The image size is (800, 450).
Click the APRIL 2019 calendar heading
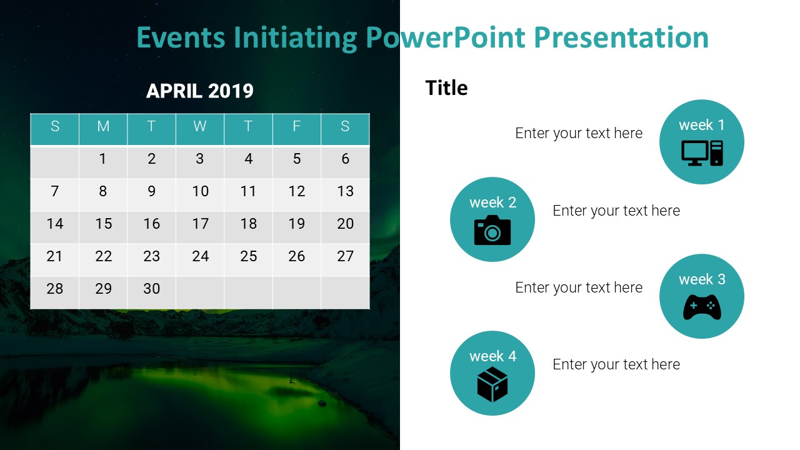200,91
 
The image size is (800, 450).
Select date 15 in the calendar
103,224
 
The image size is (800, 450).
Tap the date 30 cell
151,289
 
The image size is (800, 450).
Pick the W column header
200,126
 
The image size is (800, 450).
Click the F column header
297,126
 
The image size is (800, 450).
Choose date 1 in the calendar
103,159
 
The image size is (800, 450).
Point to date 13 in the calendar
345,191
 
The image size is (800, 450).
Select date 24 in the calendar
200,256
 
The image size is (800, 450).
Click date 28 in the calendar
55,289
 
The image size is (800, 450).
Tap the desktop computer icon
702,153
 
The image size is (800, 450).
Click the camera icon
492,230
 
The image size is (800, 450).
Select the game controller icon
702,307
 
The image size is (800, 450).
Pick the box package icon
492,384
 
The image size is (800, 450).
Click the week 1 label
702,125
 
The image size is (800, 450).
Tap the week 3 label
702,279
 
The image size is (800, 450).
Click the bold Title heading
446,88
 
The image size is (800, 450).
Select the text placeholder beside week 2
616,211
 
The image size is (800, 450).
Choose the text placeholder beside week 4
616,364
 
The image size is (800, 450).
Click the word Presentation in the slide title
621,37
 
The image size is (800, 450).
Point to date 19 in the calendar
297,224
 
